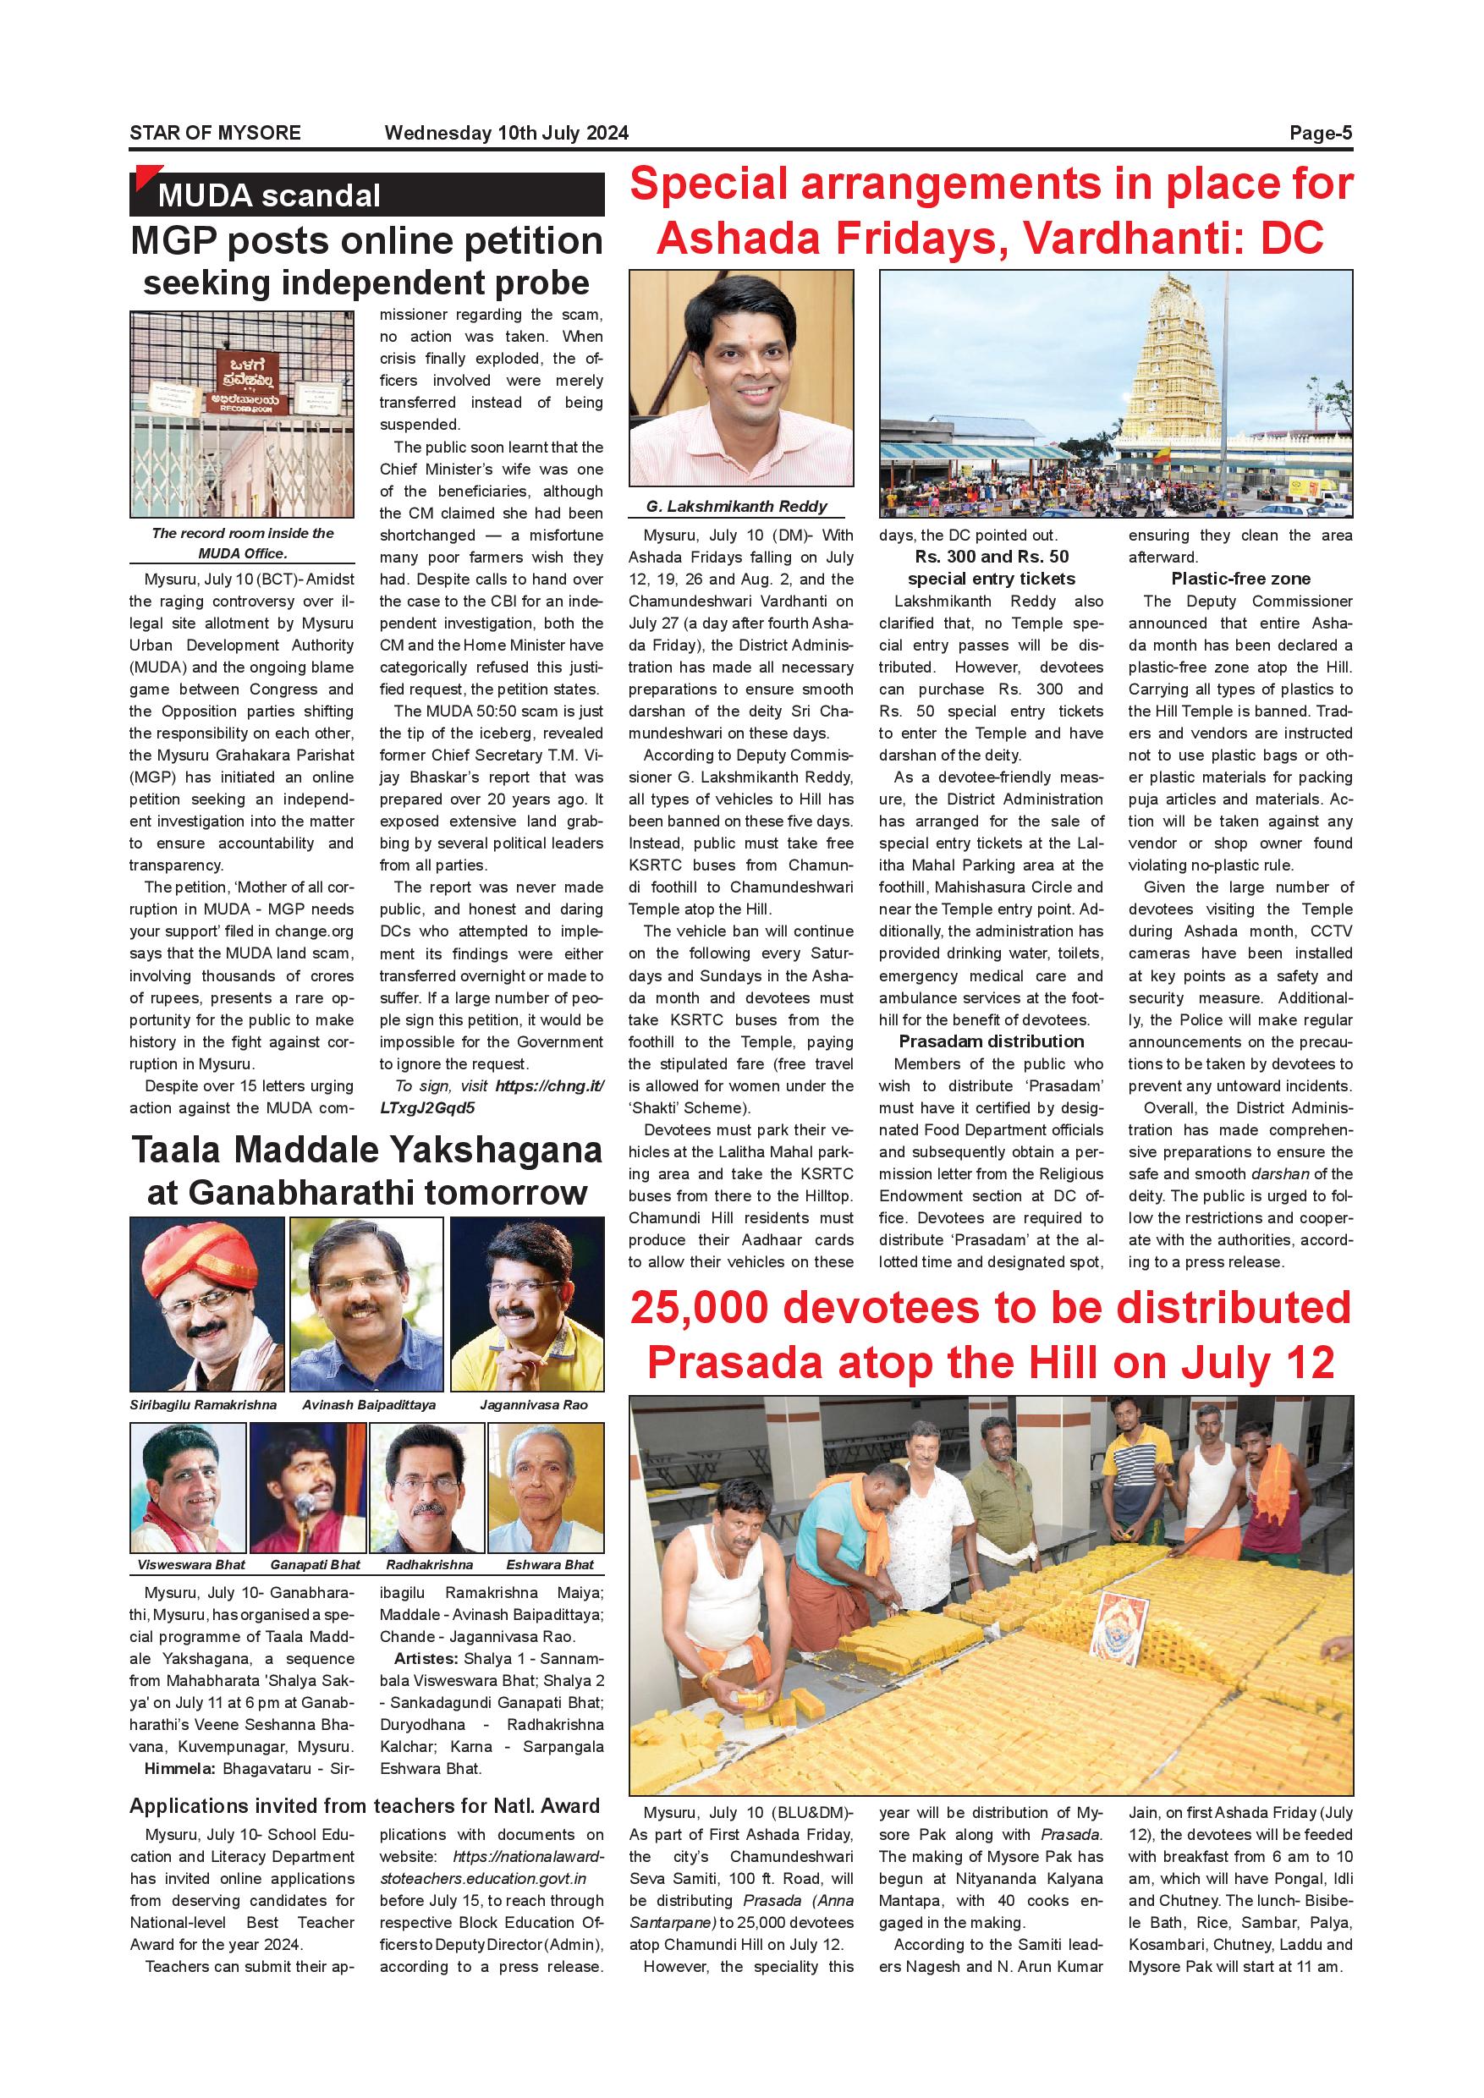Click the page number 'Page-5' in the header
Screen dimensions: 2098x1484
point(1321,134)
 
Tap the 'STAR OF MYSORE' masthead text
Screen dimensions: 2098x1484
point(215,134)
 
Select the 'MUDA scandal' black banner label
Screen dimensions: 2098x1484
point(269,195)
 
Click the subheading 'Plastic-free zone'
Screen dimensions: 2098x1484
point(1240,579)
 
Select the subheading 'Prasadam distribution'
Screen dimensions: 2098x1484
point(992,1041)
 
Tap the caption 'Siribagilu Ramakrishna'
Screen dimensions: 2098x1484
point(203,1405)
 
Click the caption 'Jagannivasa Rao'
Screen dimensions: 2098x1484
point(534,1405)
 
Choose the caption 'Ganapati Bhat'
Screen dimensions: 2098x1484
point(316,1564)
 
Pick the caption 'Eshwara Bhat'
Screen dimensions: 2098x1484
point(549,1564)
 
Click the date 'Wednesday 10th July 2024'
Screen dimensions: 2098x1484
point(506,134)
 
